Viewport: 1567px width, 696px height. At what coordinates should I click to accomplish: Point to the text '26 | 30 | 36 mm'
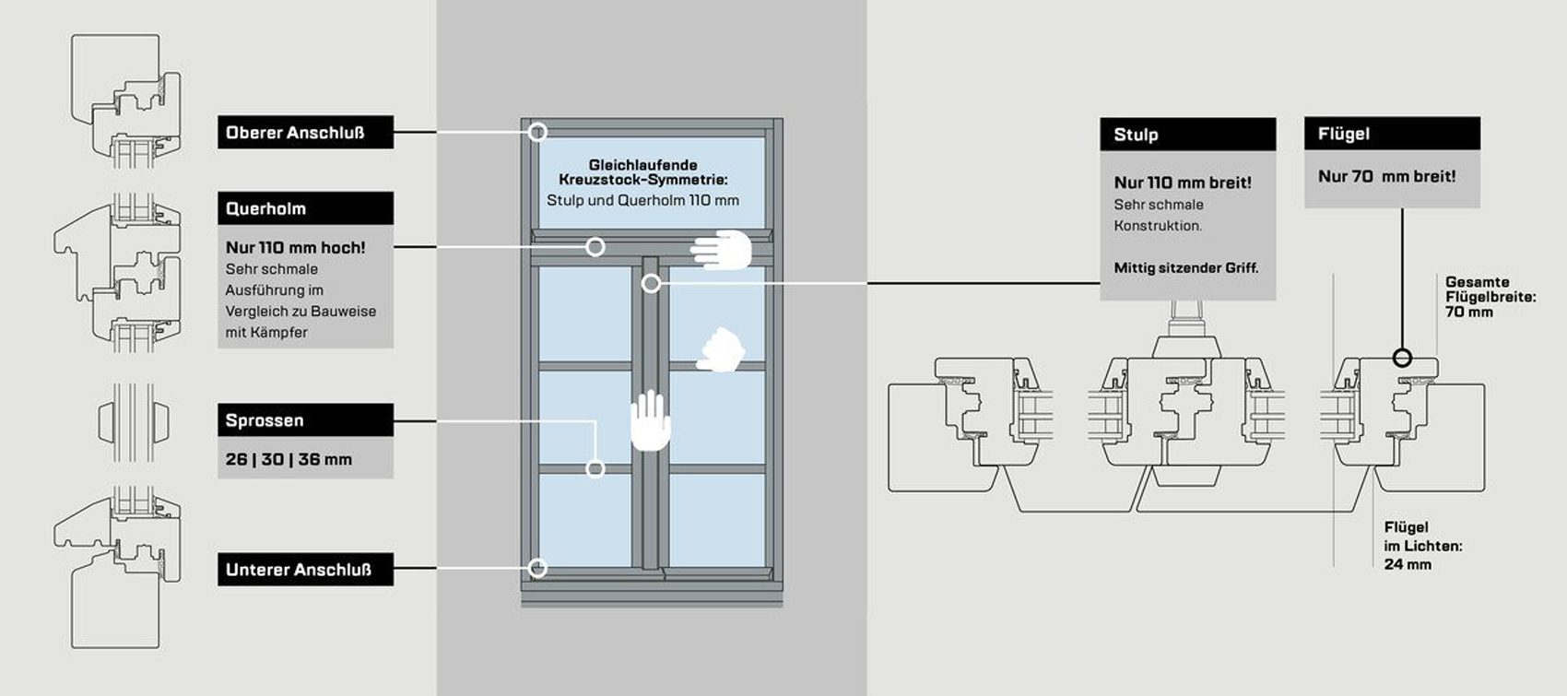pos(289,459)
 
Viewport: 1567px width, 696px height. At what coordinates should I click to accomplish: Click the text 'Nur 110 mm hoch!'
pos(295,248)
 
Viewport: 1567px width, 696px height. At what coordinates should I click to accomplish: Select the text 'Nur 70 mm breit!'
pos(1386,177)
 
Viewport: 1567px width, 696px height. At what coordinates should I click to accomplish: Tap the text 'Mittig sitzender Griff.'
pos(1185,268)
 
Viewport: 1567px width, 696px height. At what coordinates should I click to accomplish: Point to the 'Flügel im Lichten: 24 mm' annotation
pos(1422,546)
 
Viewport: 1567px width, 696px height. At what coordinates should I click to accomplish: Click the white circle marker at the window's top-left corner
pos(538,133)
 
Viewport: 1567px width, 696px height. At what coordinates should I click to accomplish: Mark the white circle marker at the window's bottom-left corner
pos(538,568)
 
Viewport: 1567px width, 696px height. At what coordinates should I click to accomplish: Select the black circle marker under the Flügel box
pos(1402,358)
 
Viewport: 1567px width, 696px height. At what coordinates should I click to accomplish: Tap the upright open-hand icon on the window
pos(651,420)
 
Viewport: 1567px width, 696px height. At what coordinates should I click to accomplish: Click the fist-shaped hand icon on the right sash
pos(720,350)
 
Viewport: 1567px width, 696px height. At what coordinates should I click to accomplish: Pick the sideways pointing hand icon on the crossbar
pos(722,250)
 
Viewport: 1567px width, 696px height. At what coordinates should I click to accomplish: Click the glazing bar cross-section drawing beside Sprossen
pos(134,421)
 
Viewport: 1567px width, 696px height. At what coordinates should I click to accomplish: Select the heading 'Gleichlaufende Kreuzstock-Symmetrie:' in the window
pos(642,171)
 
